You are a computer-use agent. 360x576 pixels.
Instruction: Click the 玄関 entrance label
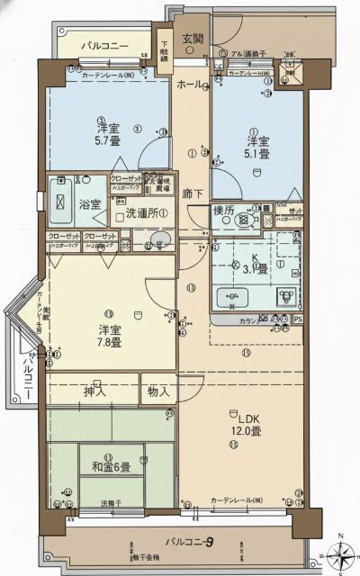click(193, 39)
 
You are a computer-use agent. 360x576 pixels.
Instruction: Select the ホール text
click(189, 84)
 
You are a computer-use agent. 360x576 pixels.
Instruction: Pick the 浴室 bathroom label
click(88, 204)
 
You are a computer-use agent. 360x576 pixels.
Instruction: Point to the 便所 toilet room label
click(223, 211)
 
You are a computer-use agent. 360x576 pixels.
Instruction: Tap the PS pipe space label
click(298, 319)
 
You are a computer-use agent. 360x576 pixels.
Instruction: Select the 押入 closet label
click(94, 391)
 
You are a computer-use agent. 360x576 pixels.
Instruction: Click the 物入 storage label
click(158, 391)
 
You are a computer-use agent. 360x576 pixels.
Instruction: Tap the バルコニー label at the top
click(104, 45)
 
